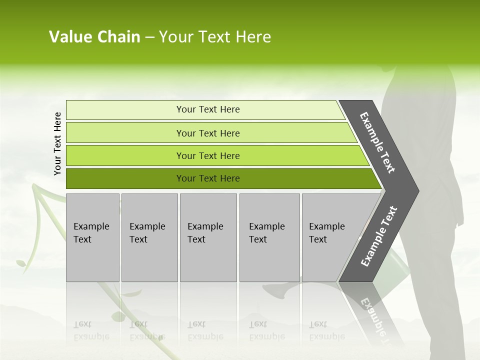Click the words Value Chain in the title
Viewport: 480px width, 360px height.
point(94,37)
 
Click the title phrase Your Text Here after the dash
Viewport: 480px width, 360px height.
point(215,37)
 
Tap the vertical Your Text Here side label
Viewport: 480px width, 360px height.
point(57,143)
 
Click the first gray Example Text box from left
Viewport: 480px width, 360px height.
point(92,237)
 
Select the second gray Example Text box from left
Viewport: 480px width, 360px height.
point(149,237)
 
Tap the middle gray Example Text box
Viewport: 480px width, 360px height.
point(208,237)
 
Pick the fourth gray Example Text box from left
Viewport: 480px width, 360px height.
point(269,237)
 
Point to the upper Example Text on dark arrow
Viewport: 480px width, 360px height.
point(377,143)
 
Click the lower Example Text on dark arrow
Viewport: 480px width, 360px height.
point(378,236)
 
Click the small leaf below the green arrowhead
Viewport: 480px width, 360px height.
point(21,262)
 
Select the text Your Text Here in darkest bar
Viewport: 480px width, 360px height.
point(208,178)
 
